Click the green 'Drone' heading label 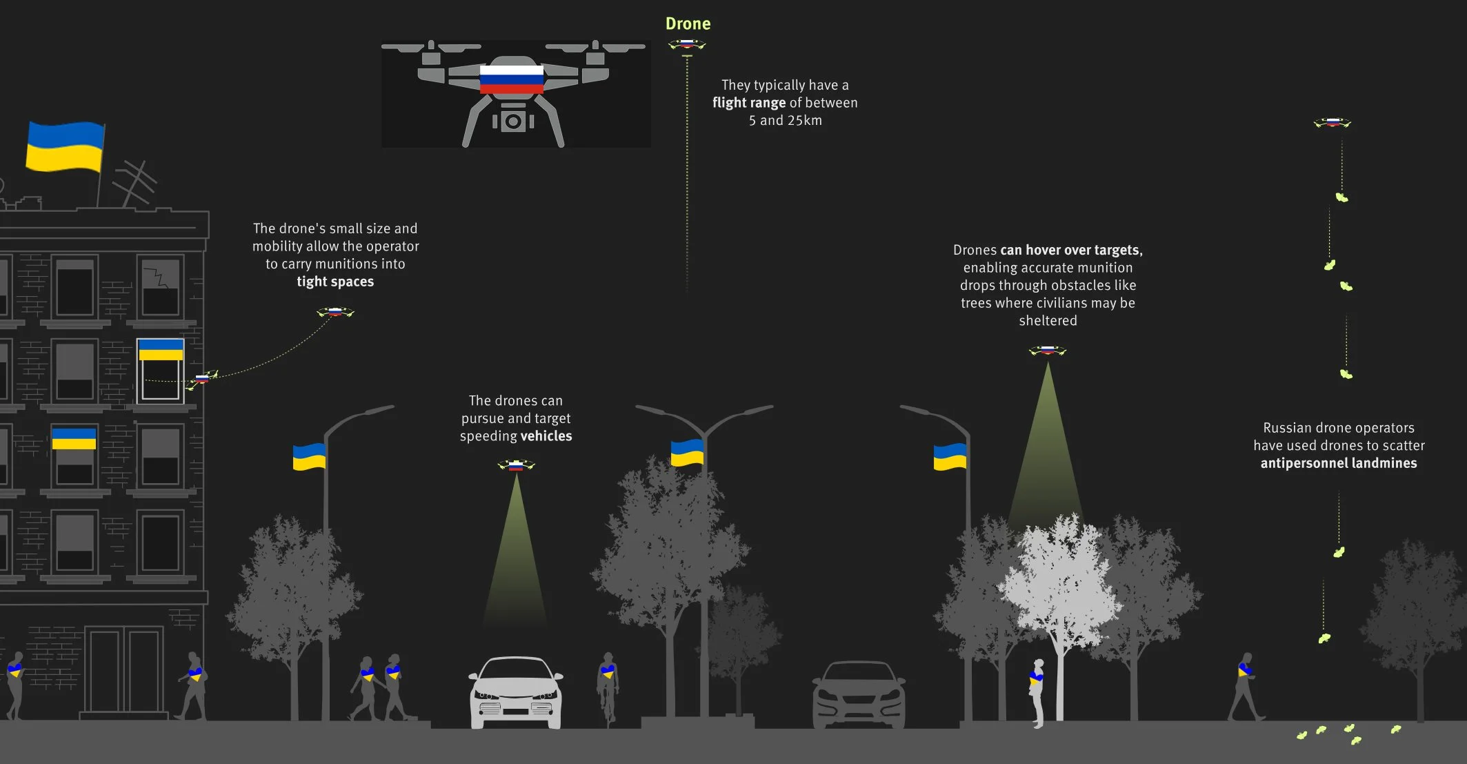(x=688, y=24)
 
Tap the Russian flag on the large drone (x=511, y=79)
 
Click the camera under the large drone (x=512, y=121)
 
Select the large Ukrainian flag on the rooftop (x=65, y=146)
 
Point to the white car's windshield (x=515, y=670)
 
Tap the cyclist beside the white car (x=608, y=686)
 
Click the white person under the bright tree (x=1037, y=692)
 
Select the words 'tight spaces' (x=335, y=282)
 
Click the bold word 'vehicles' (x=546, y=436)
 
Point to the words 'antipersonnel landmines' (x=1338, y=463)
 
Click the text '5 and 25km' (x=785, y=120)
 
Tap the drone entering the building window (x=203, y=378)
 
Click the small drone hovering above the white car (x=516, y=466)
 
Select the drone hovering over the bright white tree (x=1047, y=351)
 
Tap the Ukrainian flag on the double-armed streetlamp (x=687, y=453)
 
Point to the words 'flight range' (x=749, y=103)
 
